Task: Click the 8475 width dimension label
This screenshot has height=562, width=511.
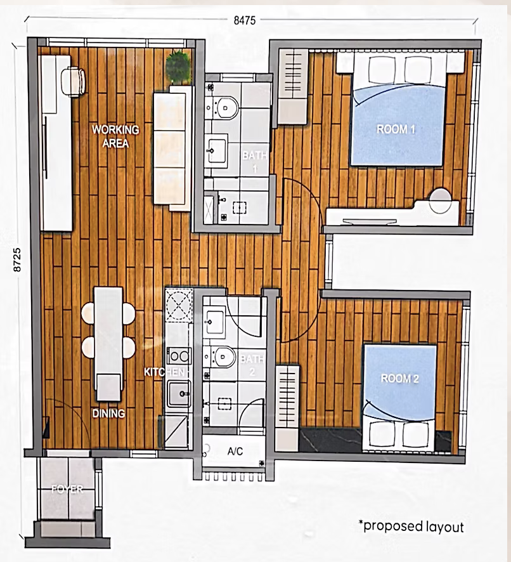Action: [245, 20]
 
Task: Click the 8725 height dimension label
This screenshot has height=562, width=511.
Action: [17, 260]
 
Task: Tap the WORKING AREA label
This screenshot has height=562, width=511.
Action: [115, 136]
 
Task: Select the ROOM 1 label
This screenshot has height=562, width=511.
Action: [396, 129]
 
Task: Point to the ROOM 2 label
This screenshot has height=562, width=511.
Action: [399, 379]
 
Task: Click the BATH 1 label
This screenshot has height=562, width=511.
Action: [254, 162]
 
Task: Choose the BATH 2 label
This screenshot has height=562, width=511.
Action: [252, 365]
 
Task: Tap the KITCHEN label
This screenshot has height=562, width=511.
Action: [164, 372]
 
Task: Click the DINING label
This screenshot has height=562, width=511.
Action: [108, 414]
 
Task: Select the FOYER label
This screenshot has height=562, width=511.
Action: [67, 489]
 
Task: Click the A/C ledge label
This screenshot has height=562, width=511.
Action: [235, 451]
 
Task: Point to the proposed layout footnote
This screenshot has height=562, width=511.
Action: [411, 526]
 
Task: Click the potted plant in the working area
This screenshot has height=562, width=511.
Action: [178, 67]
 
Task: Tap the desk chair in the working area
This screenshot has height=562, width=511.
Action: [74, 82]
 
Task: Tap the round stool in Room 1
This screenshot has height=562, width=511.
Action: [440, 200]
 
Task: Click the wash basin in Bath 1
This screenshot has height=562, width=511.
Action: [216, 150]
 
